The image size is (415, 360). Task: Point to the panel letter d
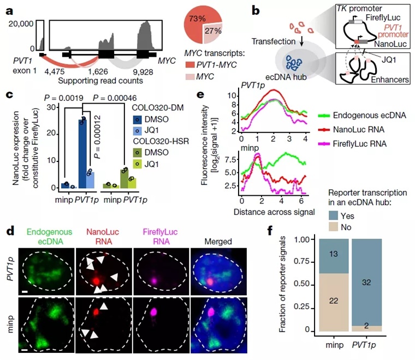click(9, 231)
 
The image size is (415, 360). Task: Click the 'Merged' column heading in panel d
click(211, 241)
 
